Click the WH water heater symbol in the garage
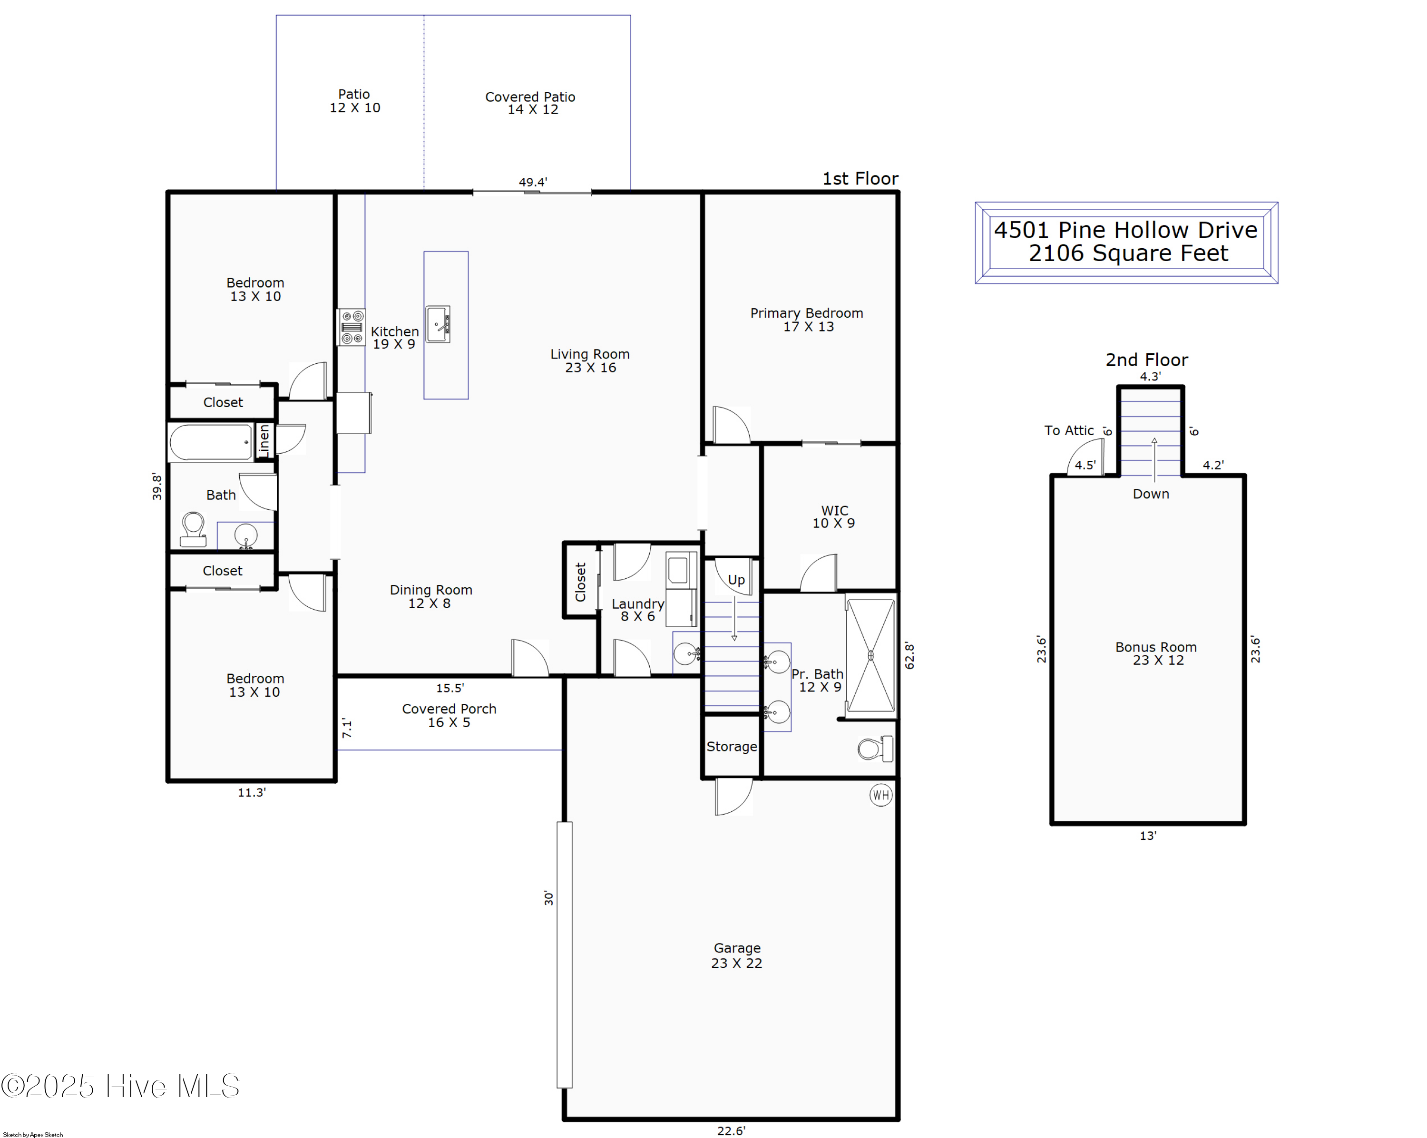pos(880,795)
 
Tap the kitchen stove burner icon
pos(352,327)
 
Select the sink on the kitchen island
pos(438,324)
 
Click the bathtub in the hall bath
pos(210,442)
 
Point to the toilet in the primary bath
pos(875,749)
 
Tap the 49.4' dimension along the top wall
pos(533,182)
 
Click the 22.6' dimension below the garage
pos(731,1131)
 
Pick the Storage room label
pos(732,746)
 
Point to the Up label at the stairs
pos(736,580)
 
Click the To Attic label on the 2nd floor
pos(1069,431)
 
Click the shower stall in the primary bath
pos(870,655)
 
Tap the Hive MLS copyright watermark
pos(120,1086)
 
